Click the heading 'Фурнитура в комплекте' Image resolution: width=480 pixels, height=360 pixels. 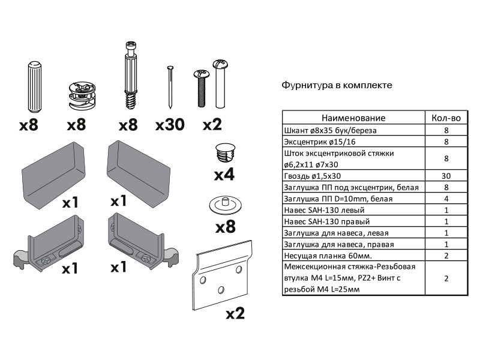click(x=337, y=85)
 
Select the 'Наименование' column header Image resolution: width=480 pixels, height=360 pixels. click(x=353, y=118)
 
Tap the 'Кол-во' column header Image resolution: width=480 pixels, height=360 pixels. click(x=446, y=118)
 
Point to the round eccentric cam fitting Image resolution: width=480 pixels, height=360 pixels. click(x=80, y=95)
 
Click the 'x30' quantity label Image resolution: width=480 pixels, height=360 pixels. click(x=170, y=125)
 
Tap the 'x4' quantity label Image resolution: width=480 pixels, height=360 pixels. click(x=224, y=175)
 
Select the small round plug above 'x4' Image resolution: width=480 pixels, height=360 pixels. click(x=224, y=152)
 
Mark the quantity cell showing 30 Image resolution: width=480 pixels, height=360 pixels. click(x=446, y=176)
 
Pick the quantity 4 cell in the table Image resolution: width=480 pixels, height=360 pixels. click(x=446, y=199)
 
